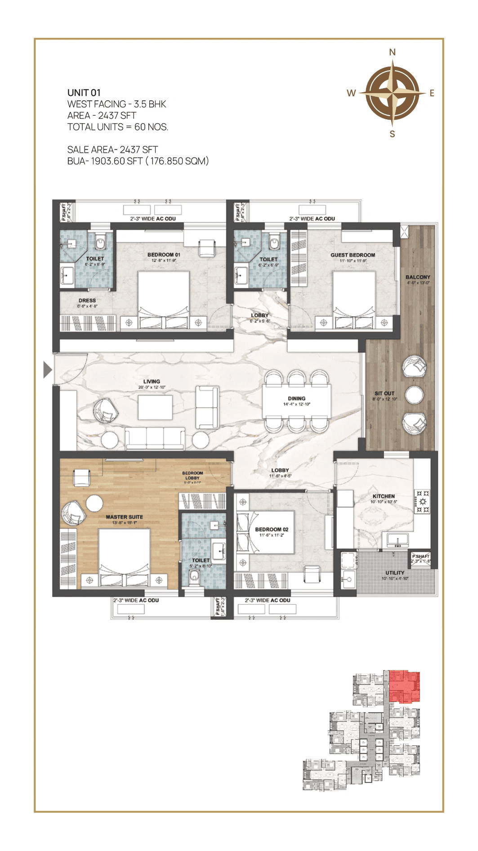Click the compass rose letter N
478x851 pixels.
tap(392, 52)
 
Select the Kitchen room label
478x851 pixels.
tap(384, 496)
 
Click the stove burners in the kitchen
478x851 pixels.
tap(422, 502)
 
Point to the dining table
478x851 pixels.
tap(297, 401)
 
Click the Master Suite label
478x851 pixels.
tap(124, 517)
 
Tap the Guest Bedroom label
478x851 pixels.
tap(353, 255)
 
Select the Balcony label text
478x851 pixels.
tap(418, 277)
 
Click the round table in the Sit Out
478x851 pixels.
tap(414, 395)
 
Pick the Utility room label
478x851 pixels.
tap(394, 573)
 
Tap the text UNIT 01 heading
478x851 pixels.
tap(84, 93)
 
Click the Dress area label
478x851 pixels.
tap(87, 300)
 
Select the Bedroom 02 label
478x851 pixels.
tap(272, 529)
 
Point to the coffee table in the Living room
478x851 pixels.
tap(155, 407)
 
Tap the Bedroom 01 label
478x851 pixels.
tap(164, 254)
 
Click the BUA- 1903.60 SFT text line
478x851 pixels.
tap(138, 161)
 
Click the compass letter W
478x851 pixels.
tap(351, 93)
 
